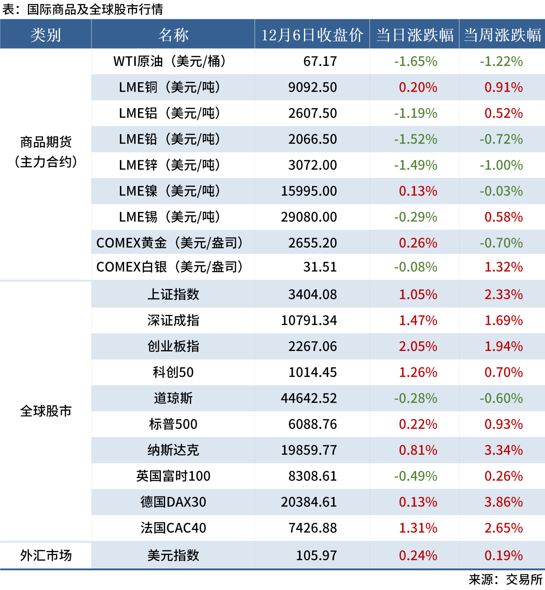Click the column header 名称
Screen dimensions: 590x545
point(173,35)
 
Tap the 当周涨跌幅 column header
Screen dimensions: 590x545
point(502,35)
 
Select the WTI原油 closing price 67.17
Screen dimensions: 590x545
point(320,62)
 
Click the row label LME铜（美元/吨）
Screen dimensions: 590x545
point(169,87)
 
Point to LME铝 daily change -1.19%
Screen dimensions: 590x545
point(416,113)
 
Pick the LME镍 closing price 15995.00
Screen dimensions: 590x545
point(309,191)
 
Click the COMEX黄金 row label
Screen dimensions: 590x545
point(169,243)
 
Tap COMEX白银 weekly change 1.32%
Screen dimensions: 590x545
point(504,267)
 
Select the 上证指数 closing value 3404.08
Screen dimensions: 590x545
point(313,295)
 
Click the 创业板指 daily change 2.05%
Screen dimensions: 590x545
point(418,346)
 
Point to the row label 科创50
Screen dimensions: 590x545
point(173,372)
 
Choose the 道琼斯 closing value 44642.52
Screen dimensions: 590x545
point(309,398)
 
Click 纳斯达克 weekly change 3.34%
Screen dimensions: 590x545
point(504,450)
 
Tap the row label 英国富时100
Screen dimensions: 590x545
point(173,476)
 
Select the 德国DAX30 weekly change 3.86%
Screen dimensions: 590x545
point(504,502)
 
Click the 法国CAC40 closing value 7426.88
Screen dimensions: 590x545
point(313,528)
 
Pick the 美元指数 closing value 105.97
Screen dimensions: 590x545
point(316,556)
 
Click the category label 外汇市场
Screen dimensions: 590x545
point(46,556)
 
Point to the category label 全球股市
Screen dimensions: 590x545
point(46,411)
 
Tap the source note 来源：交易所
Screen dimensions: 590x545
point(505,580)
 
